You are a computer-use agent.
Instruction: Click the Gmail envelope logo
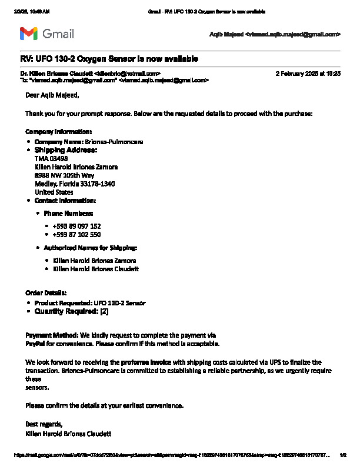29,34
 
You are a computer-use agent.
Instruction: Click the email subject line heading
109,59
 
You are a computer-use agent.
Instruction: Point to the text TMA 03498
51,158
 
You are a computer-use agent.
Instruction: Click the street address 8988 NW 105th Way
64,175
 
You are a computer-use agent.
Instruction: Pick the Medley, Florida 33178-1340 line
75,184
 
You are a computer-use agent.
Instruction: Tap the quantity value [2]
104,311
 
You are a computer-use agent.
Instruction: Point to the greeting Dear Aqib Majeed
52,95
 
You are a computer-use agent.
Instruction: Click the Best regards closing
44,424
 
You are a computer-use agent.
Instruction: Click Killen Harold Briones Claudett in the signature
68,434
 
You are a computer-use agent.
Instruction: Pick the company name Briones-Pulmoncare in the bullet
114,142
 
